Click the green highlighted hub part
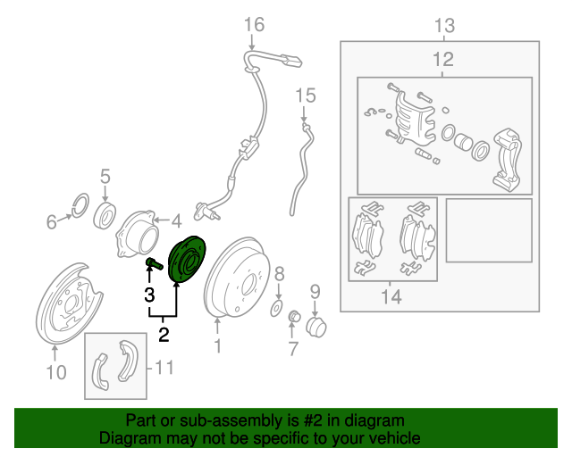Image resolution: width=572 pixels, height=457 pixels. tap(187, 260)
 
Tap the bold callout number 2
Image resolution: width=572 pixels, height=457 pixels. tap(164, 335)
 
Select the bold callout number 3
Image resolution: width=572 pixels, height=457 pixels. tap(149, 295)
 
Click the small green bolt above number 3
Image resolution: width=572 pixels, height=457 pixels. tap(155, 263)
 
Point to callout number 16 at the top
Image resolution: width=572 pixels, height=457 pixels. tap(254, 25)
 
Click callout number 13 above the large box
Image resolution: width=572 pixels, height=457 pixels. tap(445, 26)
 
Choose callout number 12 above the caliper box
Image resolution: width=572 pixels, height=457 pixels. tap(443, 60)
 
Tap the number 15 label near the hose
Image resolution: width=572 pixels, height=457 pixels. tap(306, 96)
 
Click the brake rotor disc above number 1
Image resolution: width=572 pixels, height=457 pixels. tap(238, 277)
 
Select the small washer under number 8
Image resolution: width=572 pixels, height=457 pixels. tap(276, 308)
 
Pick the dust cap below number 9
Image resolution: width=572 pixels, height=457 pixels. tap(315, 327)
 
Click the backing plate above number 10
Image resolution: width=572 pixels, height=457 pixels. tap(69, 303)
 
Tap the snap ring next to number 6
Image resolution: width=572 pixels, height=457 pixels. tap(80, 205)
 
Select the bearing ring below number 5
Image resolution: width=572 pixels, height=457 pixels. tap(105, 215)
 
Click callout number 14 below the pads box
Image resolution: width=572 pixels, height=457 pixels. tap(391, 296)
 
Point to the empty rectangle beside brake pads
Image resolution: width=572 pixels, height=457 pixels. tap(489, 230)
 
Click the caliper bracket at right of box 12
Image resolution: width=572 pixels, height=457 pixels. tap(507, 159)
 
